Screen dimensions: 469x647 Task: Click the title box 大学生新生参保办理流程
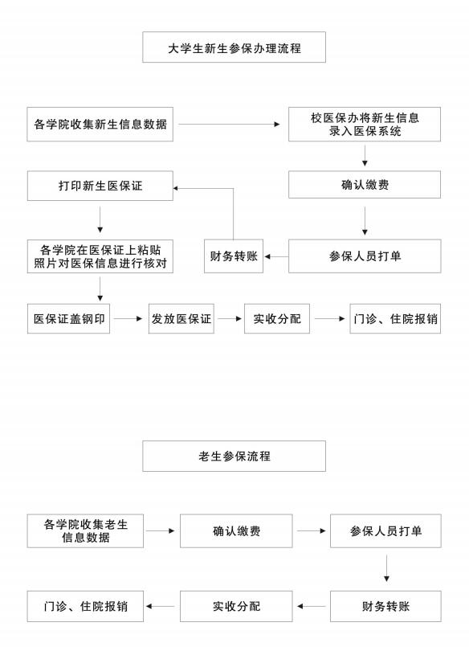point(234,47)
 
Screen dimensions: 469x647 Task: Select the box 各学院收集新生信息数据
point(100,125)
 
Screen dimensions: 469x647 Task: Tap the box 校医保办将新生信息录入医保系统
point(365,125)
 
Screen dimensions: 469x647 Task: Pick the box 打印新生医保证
point(100,186)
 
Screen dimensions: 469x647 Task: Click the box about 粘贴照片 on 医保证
point(100,256)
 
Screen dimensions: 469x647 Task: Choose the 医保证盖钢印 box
point(68,318)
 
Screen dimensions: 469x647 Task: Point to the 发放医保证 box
point(181,318)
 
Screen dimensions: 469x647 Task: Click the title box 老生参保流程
point(234,456)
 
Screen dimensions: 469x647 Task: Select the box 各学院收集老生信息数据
point(85,531)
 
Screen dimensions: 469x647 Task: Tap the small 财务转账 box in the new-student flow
point(234,256)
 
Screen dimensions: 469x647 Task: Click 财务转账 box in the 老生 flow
point(385,606)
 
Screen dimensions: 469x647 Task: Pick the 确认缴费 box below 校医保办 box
point(365,185)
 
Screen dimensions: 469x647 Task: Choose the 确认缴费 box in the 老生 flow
point(236,531)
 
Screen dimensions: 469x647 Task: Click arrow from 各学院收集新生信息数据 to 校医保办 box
point(229,125)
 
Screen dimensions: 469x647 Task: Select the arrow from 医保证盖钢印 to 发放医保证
point(128,318)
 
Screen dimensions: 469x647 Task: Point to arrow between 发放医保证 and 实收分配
point(230,318)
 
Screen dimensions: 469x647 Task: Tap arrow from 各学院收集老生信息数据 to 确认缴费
point(161,530)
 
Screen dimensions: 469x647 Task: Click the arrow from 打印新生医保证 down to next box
point(100,219)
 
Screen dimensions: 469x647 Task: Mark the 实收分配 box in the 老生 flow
point(236,606)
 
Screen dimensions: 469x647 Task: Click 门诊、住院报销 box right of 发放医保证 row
point(395,318)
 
